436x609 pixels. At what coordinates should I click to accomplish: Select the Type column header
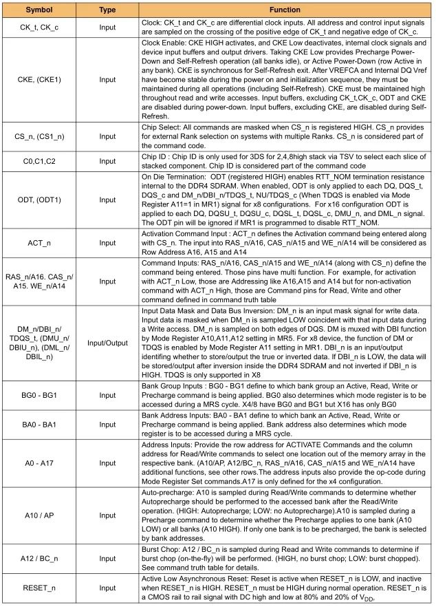coord(107,11)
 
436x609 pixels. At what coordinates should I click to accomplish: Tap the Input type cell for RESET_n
coord(107,589)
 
